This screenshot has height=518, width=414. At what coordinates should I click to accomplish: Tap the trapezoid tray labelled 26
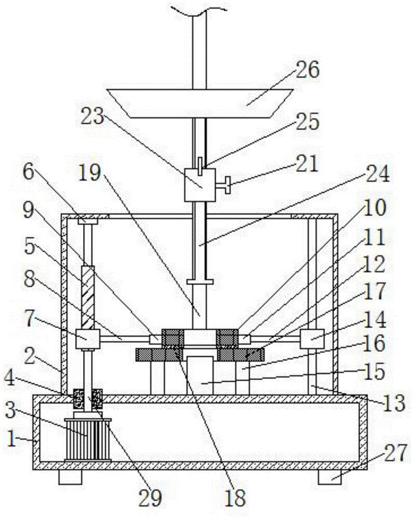pyautogui.click(x=200, y=102)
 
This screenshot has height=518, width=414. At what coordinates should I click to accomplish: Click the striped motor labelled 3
pyautogui.click(x=86, y=434)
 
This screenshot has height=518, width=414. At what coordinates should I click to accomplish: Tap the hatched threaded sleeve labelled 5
pyautogui.click(x=87, y=297)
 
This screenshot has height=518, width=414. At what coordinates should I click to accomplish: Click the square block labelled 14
pyautogui.click(x=312, y=339)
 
